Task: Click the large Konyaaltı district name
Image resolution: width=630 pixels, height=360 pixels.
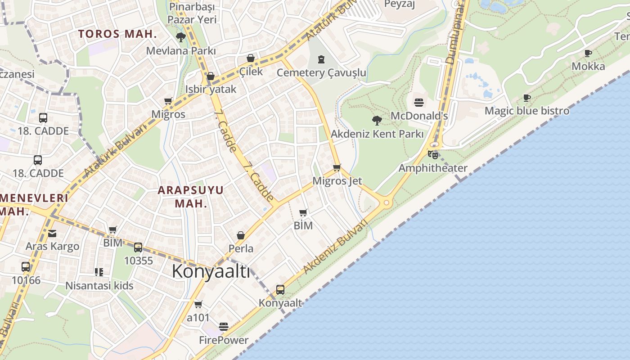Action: tap(211, 271)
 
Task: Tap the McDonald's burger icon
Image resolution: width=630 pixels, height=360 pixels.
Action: tap(419, 103)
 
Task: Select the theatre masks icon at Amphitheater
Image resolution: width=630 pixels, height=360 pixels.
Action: tap(433, 155)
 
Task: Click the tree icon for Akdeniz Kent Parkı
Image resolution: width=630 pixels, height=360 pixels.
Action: tap(377, 120)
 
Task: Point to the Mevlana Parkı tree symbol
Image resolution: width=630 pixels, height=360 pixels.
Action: tap(181, 37)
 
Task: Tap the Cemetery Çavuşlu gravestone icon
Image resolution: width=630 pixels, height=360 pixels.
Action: tap(321, 59)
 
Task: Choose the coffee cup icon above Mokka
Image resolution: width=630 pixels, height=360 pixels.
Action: tap(588, 53)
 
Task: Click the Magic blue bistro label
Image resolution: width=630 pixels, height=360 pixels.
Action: tap(527, 111)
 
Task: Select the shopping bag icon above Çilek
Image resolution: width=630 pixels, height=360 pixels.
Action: tap(251, 58)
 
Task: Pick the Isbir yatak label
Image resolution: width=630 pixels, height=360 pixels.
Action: tap(211, 89)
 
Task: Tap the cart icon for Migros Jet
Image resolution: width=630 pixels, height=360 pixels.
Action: tap(337, 167)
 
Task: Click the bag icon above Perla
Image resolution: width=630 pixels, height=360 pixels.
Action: tap(241, 235)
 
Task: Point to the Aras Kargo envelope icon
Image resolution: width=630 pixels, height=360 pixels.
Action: tap(52, 233)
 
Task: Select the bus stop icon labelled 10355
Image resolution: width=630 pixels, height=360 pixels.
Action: tap(138, 247)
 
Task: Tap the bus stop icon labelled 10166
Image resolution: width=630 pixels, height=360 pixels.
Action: tap(26, 267)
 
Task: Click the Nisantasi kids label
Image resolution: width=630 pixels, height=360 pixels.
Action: tap(99, 286)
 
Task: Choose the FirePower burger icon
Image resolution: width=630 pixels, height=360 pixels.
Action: tap(224, 326)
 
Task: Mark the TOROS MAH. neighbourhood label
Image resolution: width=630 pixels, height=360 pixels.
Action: tap(117, 34)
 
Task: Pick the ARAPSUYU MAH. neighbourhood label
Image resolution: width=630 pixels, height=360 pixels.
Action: tap(191, 197)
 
